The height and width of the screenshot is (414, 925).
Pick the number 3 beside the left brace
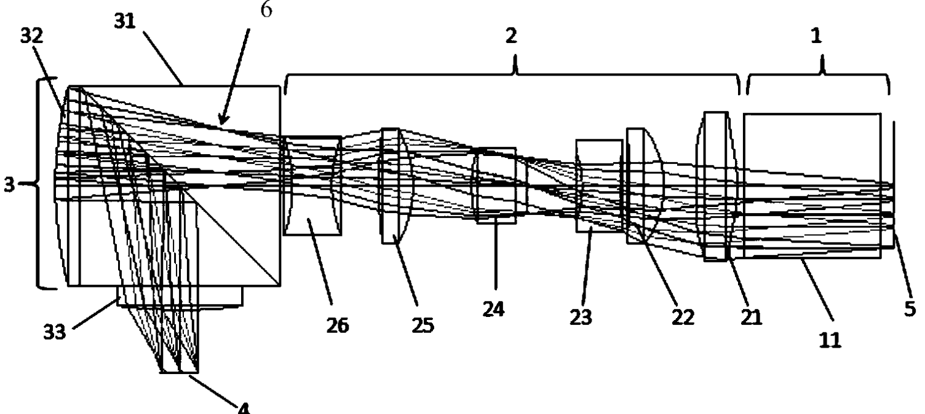(x=9, y=184)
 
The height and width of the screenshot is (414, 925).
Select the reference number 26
(x=337, y=325)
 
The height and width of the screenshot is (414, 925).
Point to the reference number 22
(x=683, y=317)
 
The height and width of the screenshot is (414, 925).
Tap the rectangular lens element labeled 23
(x=598, y=186)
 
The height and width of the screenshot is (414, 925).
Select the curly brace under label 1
(x=817, y=80)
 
